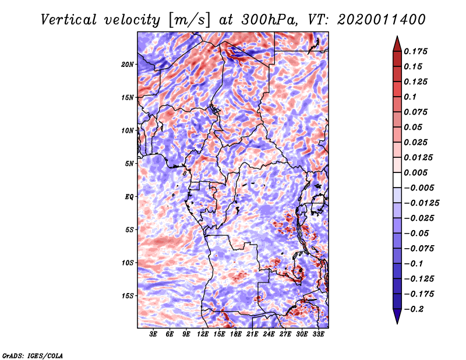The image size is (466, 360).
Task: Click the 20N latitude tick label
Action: coord(128,64)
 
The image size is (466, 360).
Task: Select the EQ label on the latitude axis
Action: coord(129,196)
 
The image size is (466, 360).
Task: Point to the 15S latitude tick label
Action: coord(128,295)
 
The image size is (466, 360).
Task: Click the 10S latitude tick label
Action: coord(128,262)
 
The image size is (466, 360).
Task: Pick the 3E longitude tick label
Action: coord(154,334)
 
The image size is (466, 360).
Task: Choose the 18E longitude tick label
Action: coord(236,334)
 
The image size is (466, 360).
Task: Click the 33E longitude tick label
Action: coord(318,334)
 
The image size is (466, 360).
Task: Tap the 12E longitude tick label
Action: coord(203,334)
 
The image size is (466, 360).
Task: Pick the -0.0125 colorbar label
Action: coord(423,203)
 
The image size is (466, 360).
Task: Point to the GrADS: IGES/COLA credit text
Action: coord(33,354)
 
